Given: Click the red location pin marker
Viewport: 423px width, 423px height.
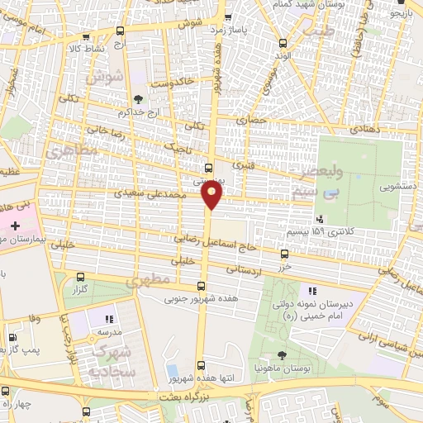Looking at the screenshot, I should [212, 195].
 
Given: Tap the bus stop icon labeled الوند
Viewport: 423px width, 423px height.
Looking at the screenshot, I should [283, 43].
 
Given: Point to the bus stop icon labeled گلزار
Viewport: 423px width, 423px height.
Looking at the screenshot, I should [80, 278].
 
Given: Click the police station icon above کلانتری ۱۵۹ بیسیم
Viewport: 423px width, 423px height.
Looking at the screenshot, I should [319, 219].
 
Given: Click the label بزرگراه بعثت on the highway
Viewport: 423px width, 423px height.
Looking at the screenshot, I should [191, 397].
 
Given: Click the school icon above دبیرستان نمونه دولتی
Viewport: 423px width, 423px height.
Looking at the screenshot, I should [312, 291].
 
